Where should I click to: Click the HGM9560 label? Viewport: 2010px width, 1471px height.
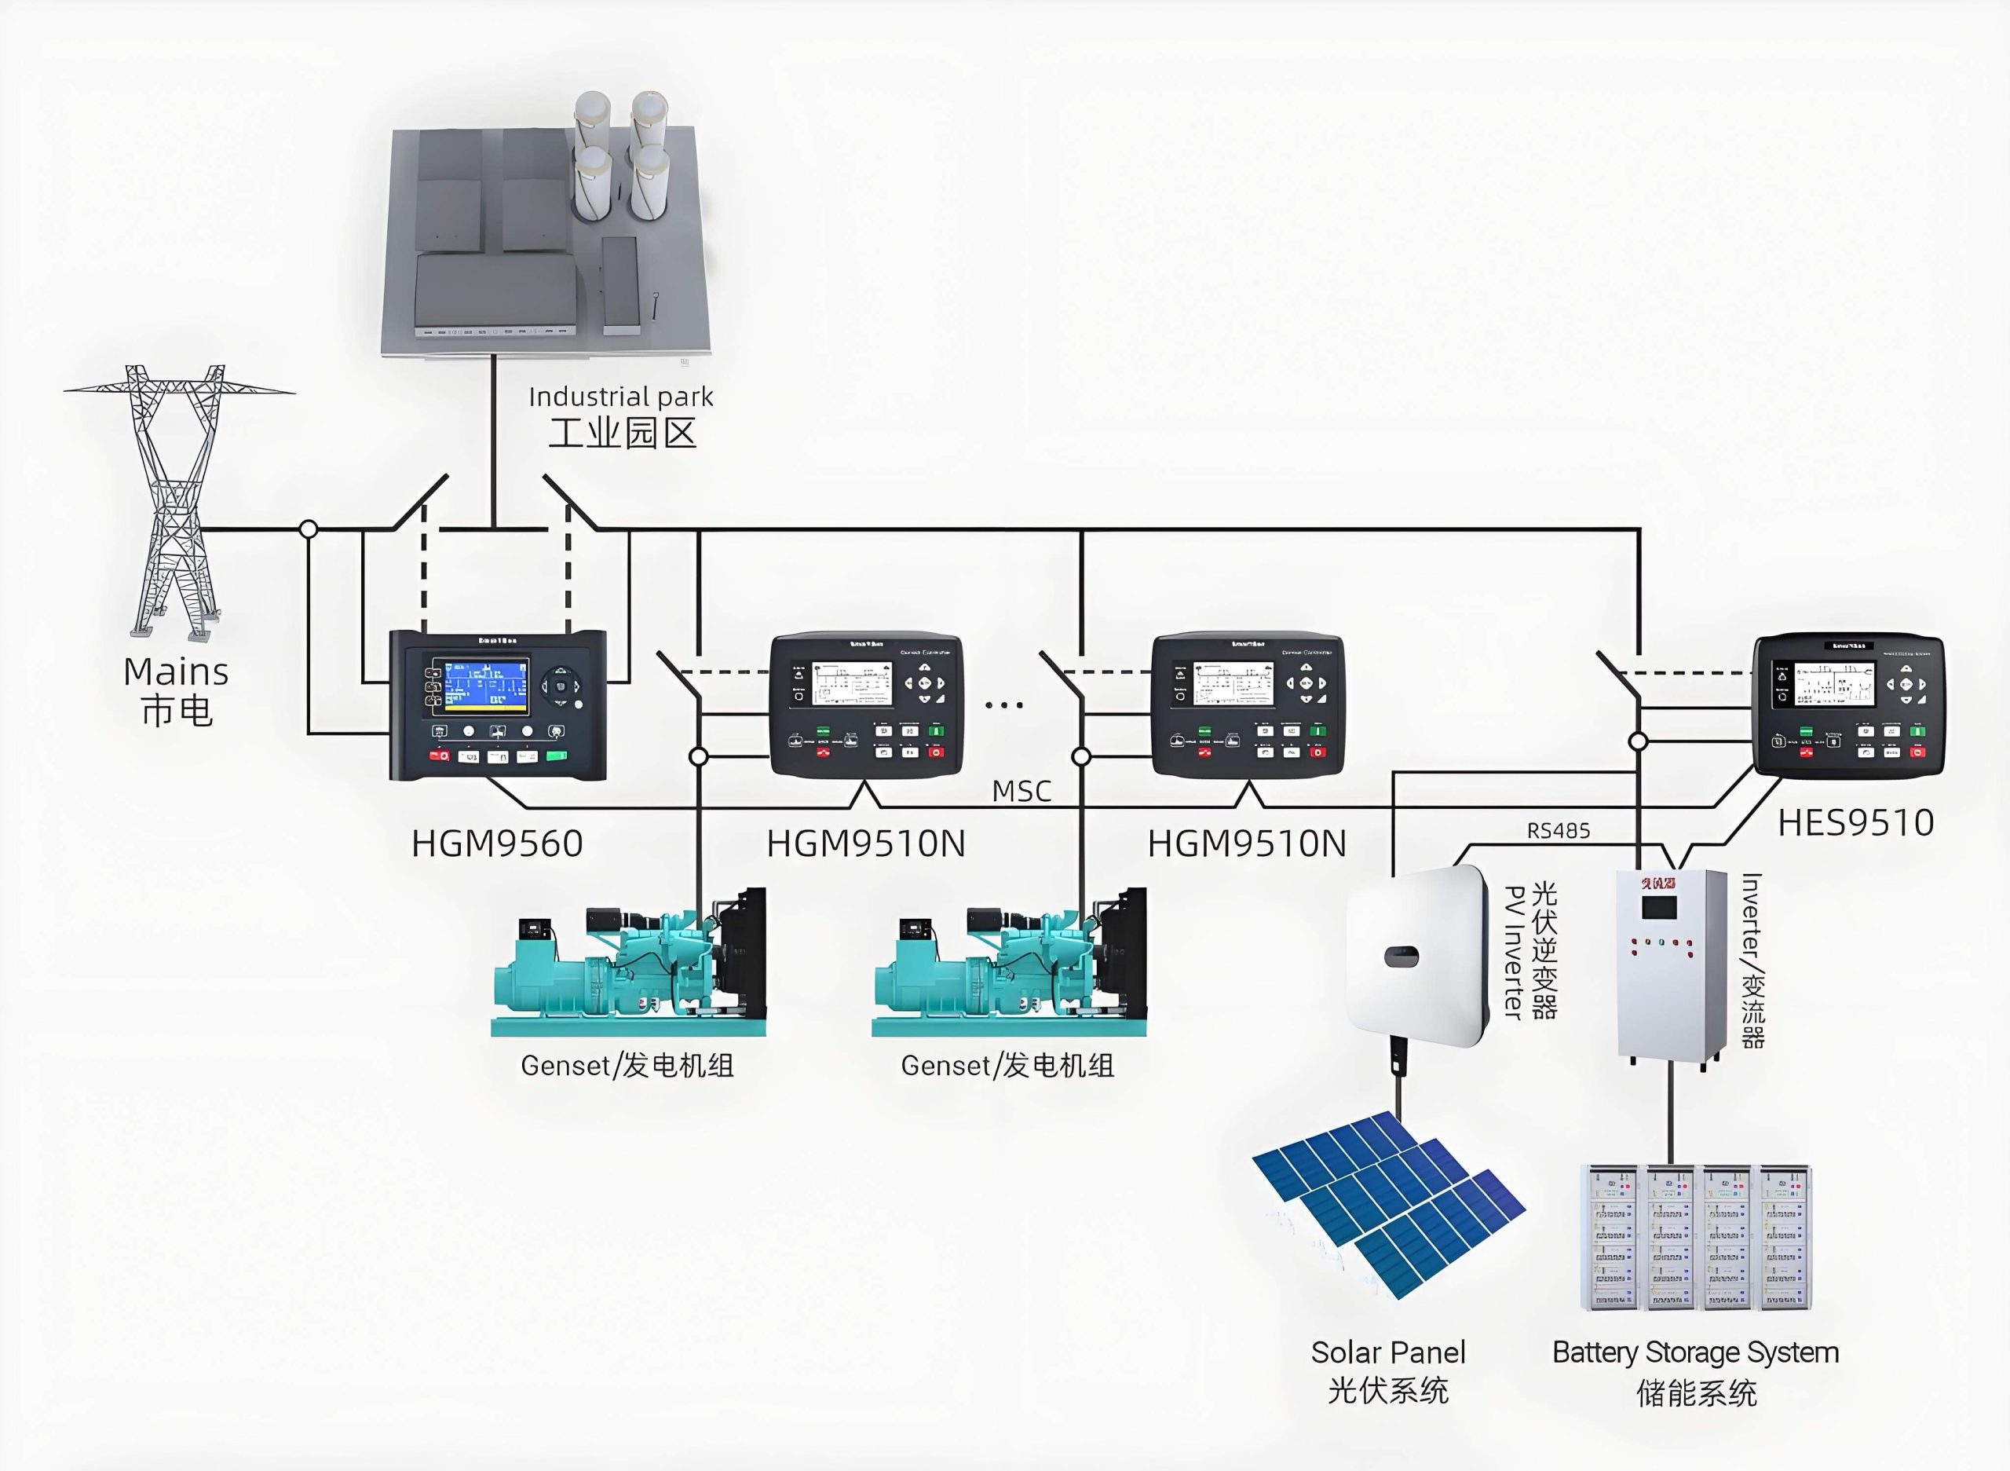coord(497,843)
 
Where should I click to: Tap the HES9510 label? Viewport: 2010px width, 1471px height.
coord(1855,823)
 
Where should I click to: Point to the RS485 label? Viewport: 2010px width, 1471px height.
coord(1558,831)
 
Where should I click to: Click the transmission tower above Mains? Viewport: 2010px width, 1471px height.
coord(178,499)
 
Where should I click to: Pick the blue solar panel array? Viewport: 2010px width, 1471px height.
coord(1389,1202)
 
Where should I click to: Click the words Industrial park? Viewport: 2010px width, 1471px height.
coord(620,397)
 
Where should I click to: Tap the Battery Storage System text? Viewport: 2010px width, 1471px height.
coord(1695,1352)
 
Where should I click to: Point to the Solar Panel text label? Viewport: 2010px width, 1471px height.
coord(1388,1352)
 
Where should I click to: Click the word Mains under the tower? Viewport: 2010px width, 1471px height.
coord(176,672)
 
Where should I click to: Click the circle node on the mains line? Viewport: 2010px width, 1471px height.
coord(308,529)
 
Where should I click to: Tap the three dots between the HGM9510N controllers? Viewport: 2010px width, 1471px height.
coord(1004,705)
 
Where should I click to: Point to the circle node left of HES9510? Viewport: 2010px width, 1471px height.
coord(1638,741)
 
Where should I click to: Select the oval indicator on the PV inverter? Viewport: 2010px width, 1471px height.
coord(1402,957)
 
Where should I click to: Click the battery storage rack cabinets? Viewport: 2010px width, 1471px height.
coord(1696,1238)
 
